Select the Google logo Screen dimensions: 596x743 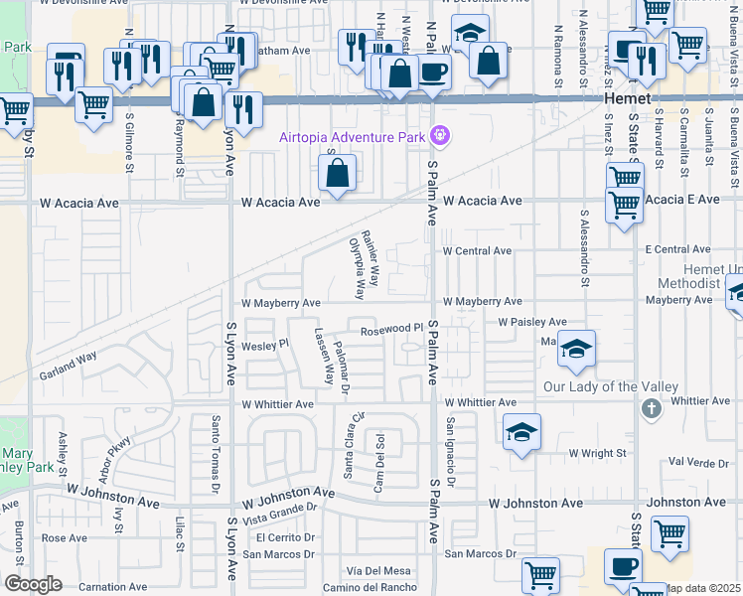pyautogui.click(x=33, y=584)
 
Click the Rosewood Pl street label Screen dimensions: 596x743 pyautogui.click(x=391, y=330)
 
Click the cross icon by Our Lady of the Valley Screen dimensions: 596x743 pyautogui.click(x=651, y=407)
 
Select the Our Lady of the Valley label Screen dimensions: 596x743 pyautogui.click(x=611, y=386)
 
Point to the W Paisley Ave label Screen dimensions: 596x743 pyautogui.click(x=531, y=323)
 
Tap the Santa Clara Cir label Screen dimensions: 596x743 pyautogui.click(x=355, y=445)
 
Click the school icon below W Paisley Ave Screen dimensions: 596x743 pyautogui.click(x=576, y=348)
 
